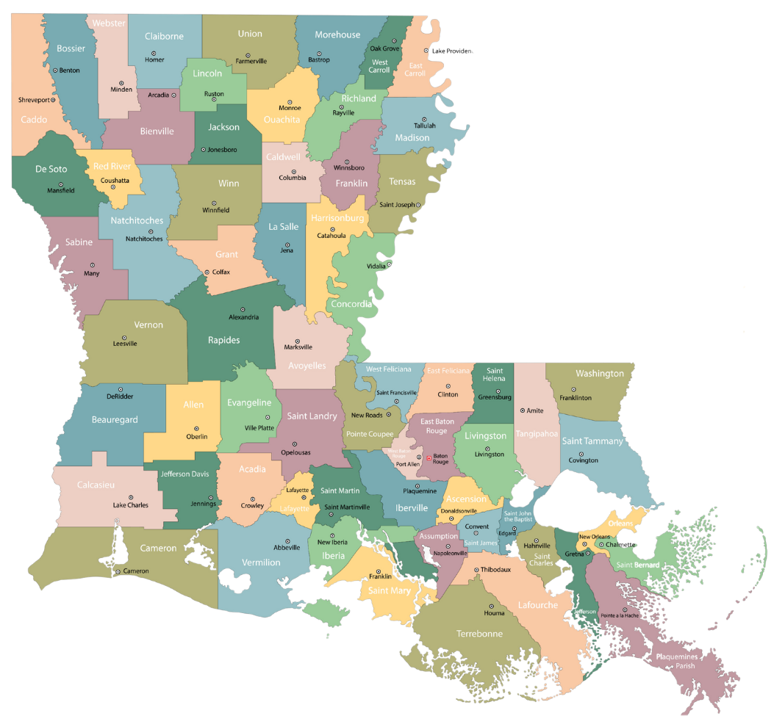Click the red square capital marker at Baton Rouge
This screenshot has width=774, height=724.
click(x=429, y=458)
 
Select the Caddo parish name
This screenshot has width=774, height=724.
click(x=34, y=120)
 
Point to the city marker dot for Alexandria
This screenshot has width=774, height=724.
click(x=243, y=309)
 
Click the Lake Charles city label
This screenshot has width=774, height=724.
click(x=130, y=505)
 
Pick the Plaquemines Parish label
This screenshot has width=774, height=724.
click(x=676, y=661)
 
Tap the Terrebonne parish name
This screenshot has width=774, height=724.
click(x=479, y=634)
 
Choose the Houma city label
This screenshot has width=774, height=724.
click(x=494, y=613)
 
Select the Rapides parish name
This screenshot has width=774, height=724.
click(x=223, y=340)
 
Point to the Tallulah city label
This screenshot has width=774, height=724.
click(x=424, y=126)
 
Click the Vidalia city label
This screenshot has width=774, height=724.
click(x=376, y=265)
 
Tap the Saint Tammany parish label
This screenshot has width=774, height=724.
click(x=592, y=441)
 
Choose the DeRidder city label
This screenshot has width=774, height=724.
click(x=120, y=397)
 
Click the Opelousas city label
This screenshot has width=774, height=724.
click(x=294, y=452)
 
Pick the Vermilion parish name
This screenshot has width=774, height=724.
click(x=261, y=562)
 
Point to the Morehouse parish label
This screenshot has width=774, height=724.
click(x=337, y=35)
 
